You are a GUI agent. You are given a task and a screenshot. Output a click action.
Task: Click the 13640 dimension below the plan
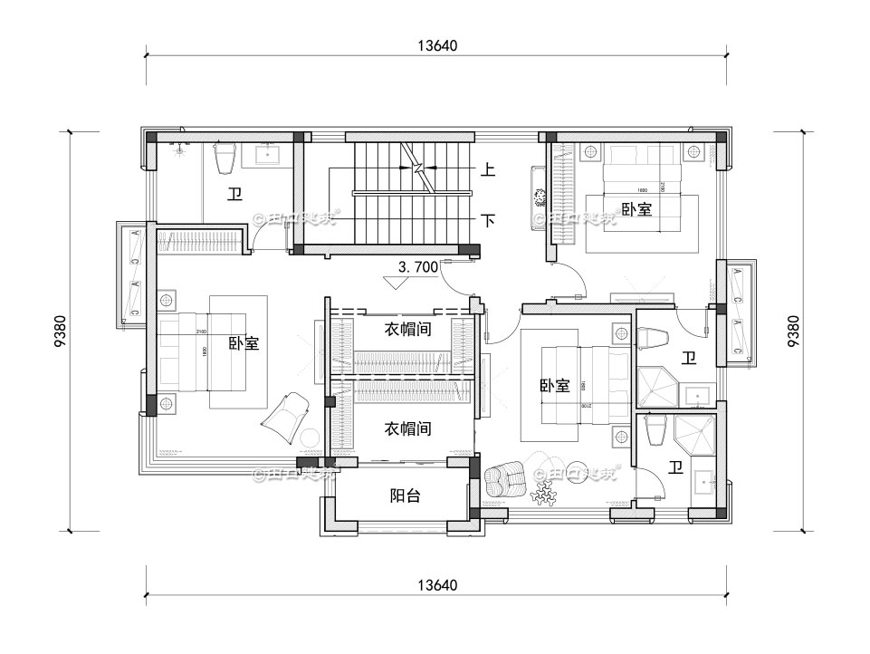click(x=436, y=584)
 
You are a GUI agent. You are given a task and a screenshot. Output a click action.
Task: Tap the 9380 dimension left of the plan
click(x=60, y=331)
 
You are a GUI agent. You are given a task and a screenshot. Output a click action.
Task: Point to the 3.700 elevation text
click(x=418, y=267)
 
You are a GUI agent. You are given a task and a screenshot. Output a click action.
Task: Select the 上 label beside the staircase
click(x=487, y=169)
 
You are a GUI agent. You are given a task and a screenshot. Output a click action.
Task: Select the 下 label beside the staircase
click(x=487, y=220)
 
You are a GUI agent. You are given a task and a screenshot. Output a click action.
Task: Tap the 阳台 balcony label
click(x=404, y=495)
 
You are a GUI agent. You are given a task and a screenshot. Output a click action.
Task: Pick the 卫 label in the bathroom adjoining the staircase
click(x=234, y=193)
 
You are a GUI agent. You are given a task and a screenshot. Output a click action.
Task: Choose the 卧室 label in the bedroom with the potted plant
click(x=636, y=209)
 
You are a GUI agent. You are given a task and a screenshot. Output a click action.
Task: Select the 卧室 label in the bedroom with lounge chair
click(x=244, y=343)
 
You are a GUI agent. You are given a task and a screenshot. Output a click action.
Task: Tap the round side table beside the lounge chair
click(x=310, y=439)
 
